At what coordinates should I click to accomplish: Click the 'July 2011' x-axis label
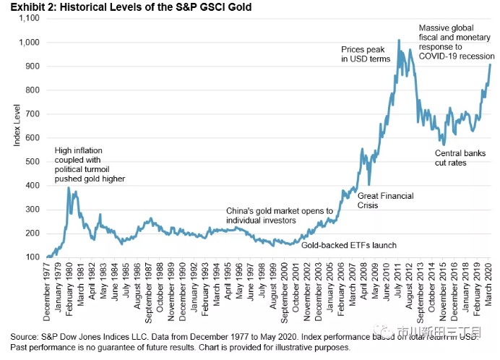click(400, 283)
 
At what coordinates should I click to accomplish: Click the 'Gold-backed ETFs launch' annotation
click(348, 245)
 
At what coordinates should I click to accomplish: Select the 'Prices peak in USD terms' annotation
click(366, 53)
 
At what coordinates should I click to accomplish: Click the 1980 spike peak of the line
click(69, 188)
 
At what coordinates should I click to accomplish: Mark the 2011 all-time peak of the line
click(399, 40)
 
